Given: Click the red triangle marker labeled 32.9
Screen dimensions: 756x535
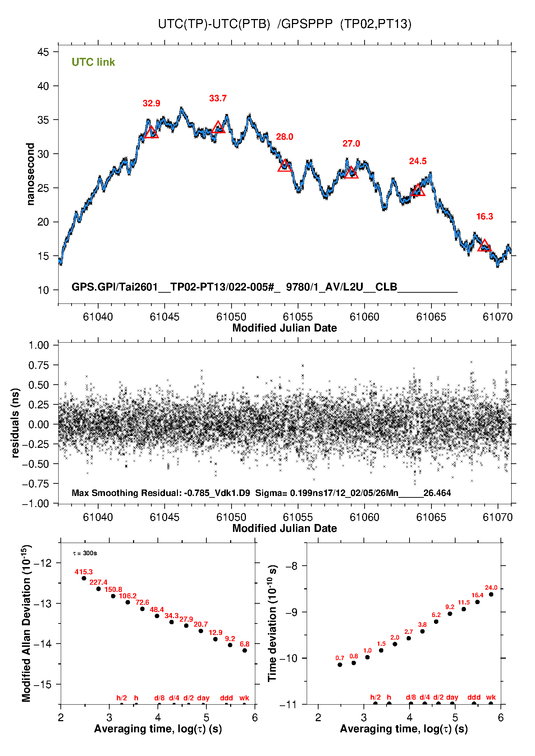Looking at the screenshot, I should [x=151, y=133].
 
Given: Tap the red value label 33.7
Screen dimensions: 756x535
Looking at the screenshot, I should [x=218, y=98].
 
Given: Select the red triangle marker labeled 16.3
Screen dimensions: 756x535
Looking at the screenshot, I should [x=484, y=246].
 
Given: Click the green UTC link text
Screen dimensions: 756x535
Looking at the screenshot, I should [x=93, y=62].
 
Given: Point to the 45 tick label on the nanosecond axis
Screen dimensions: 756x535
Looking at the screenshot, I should [x=43, y=52].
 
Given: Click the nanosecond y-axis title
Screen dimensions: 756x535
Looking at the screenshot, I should [x=31, y=174].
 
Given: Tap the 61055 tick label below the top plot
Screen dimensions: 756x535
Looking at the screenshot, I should [x=298, y=317].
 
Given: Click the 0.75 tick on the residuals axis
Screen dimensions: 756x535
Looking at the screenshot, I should [x=38, y=365].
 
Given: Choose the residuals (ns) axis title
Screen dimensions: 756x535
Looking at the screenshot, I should [x=15, y=423].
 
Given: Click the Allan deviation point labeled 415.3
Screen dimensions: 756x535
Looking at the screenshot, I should [x=84, y=578].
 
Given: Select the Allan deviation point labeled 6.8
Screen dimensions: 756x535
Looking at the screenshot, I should [x=244, y=650].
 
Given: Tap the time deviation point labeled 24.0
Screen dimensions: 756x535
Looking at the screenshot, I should [x=491, y=594].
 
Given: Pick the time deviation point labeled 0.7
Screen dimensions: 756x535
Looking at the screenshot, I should [x=340, y=665].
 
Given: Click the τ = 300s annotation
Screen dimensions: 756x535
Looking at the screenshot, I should [x=85, y=553].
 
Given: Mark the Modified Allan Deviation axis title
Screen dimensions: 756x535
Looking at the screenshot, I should [x=26, y=623].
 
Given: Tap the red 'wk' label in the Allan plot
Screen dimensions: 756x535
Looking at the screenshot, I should [x=244, y=698].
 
